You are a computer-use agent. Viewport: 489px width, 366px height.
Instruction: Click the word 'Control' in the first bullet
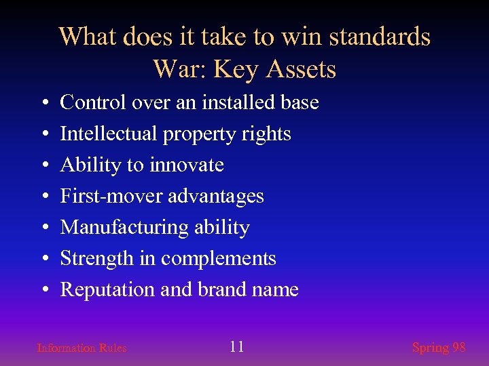pos(92,103)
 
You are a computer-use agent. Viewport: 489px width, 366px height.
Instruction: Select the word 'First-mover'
pos(111,197)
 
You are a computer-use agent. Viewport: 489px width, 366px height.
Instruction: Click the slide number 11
pos(236,347)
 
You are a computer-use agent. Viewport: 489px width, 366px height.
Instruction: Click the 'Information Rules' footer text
pos(81,348)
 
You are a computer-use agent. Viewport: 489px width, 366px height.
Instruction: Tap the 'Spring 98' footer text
pos(439,348)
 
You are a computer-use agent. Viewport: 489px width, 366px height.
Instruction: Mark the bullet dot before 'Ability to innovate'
pos(43,166)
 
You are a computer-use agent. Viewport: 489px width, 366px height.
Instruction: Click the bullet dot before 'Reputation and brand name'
pos(43,291)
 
